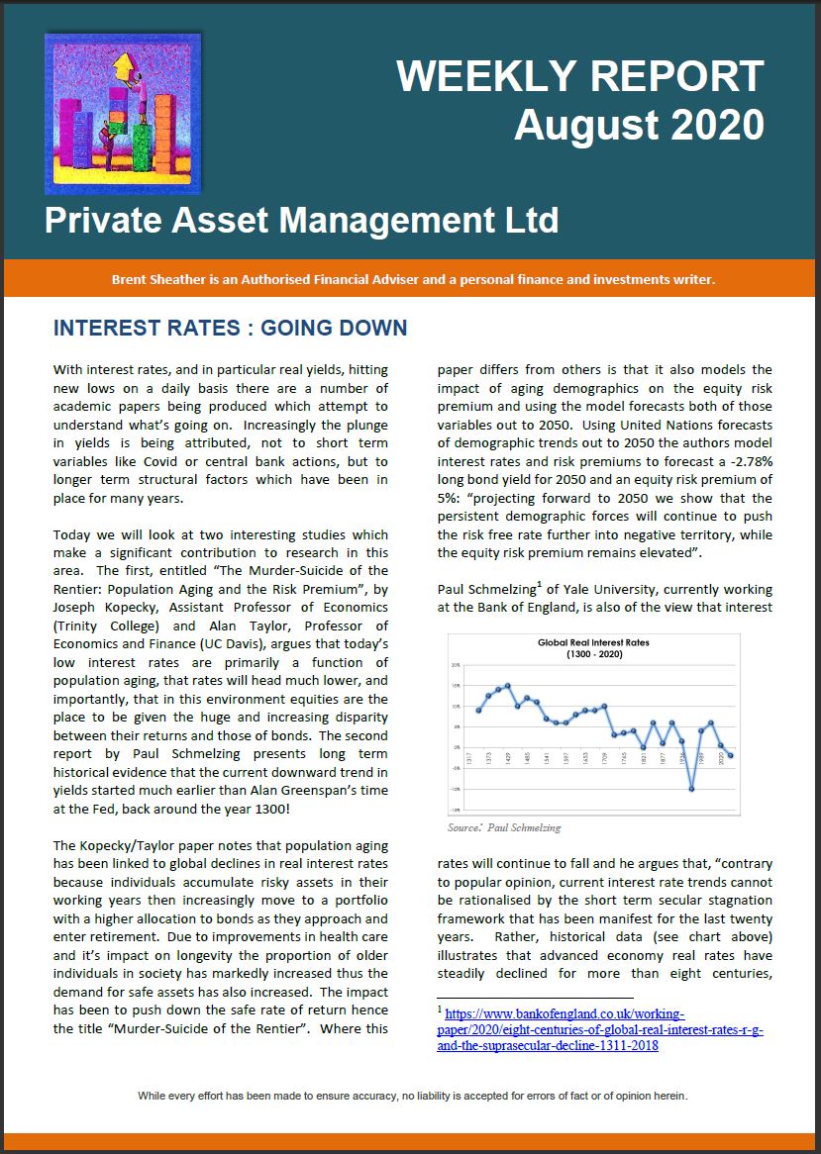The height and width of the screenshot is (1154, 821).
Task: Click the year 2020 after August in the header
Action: point(714,125)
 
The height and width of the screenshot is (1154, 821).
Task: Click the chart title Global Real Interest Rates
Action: point(593,642)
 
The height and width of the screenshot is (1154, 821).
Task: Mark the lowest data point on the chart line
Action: point(692,789)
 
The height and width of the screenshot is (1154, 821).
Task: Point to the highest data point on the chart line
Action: point(508,685)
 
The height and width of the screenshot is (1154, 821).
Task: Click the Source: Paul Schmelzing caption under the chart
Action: point(504,826)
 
